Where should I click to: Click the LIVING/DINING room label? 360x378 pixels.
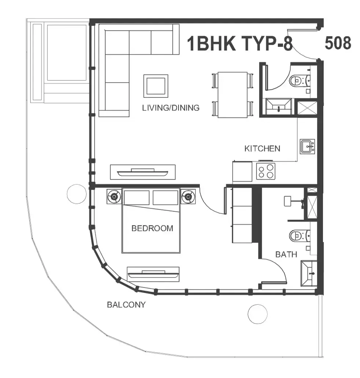click(170, 108)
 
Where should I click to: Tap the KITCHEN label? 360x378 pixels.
click(262, 148)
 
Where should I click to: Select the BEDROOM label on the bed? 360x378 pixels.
click(152, 228)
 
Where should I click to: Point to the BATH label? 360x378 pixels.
click(286, 254)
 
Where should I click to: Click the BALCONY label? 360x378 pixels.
click(126, 305)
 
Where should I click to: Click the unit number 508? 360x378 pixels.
click(338, 43)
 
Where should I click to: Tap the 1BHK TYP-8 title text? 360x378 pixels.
click(240, 44)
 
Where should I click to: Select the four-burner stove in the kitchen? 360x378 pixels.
click(266, 171)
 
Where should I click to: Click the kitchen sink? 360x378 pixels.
click(308, 147)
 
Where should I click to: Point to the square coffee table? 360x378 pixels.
click(156, 86)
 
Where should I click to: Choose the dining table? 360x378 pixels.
click(232, 95)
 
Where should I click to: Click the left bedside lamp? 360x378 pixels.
click(114, 197)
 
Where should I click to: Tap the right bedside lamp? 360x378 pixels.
click(188, 197)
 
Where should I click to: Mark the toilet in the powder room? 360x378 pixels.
click(300, 80)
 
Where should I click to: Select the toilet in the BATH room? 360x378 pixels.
click(300, 236)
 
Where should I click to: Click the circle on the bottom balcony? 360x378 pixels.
click(258, 314)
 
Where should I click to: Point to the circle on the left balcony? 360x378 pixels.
click(77, 194)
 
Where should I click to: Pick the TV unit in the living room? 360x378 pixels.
click(143, 172)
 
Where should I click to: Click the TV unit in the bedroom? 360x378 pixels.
click(153, 274)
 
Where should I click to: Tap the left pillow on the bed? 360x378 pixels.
click(136, 198)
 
